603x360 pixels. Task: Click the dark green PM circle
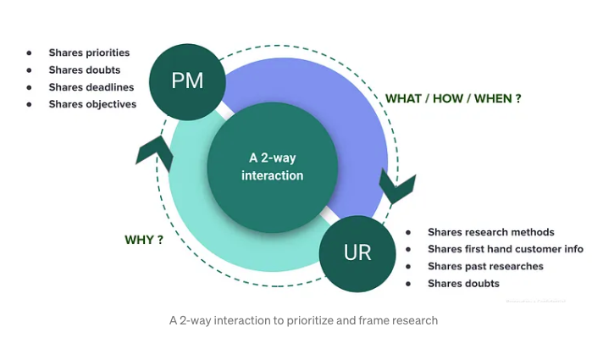pyautogui.click(x=188, y=82)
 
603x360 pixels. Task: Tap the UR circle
pyautogui.click(x=357, y=252)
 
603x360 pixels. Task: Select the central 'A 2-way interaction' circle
pyautogui.click(x=272, y=166)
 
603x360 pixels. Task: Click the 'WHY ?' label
pyautogui.click(x=144, y=240)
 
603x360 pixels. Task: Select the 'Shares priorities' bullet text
pyautogui.click(x=89, y=53)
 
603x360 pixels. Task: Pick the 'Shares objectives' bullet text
pyautogui.click(x=92, y=104)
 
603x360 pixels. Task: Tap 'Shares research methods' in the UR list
pyautogui.click(x=490, y=232)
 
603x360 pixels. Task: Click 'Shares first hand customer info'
pyautogui.click(x=506, y=249)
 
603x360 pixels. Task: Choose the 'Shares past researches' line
pyautogui.click(x=485, y=266)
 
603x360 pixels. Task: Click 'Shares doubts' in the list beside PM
pyautogui.click(x=84, y=69)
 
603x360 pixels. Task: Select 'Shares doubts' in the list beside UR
pyautogui.click(x=463, y=284)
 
